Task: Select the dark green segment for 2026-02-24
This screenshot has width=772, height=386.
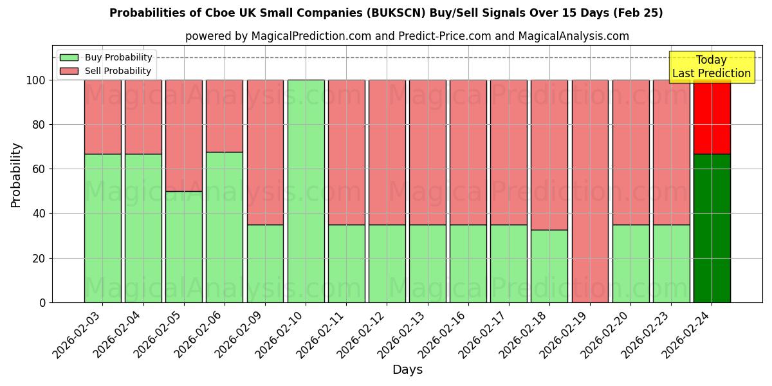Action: click(712, 228)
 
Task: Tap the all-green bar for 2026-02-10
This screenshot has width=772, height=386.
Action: click(306, 191)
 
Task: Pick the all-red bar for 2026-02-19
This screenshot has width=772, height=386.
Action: click(590, 191)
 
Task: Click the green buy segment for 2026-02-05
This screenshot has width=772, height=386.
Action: click(184, 246)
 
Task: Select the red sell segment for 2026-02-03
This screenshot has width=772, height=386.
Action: click(102, 117)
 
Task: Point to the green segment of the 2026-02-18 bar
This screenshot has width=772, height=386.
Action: click(549, 266)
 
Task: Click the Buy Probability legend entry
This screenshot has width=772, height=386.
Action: click(106, 57)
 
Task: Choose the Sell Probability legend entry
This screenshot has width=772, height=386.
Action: click(106, 71)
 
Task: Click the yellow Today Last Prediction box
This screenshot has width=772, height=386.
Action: click(712, 67)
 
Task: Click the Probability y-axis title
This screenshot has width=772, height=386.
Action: click(16, 175)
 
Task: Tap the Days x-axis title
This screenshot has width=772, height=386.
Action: click(407, 370)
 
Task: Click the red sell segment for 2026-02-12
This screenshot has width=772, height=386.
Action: click(387, 152)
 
